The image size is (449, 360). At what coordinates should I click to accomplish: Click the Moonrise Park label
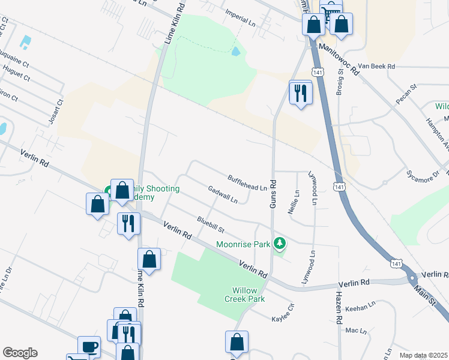pyautogui.click(x=243, y=244)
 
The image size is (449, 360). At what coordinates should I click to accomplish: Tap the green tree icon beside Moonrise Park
pyautogui.click(x=279, y=243)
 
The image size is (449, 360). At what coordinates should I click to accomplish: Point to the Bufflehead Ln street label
pyautogui.click(x=247, y=183)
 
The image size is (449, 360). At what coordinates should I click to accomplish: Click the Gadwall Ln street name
pyautogui.click(x=223, y=194)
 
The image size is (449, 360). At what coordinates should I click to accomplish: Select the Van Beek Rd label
pyautogui.click(x=376, y=66)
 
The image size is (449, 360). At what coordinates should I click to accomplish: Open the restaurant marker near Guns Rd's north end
pyautogui.click(x=301, y=92)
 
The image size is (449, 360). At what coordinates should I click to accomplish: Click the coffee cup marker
pyautogui.click(x=89, y=347)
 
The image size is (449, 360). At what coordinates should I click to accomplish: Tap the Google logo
pyautogui.click(x=20, y=353)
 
